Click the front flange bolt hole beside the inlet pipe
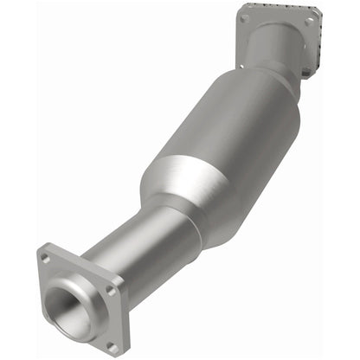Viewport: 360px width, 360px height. tap(111, 291)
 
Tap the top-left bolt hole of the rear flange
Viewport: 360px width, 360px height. tap(246, 18)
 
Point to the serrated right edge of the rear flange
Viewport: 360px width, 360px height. tap(318, 43)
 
